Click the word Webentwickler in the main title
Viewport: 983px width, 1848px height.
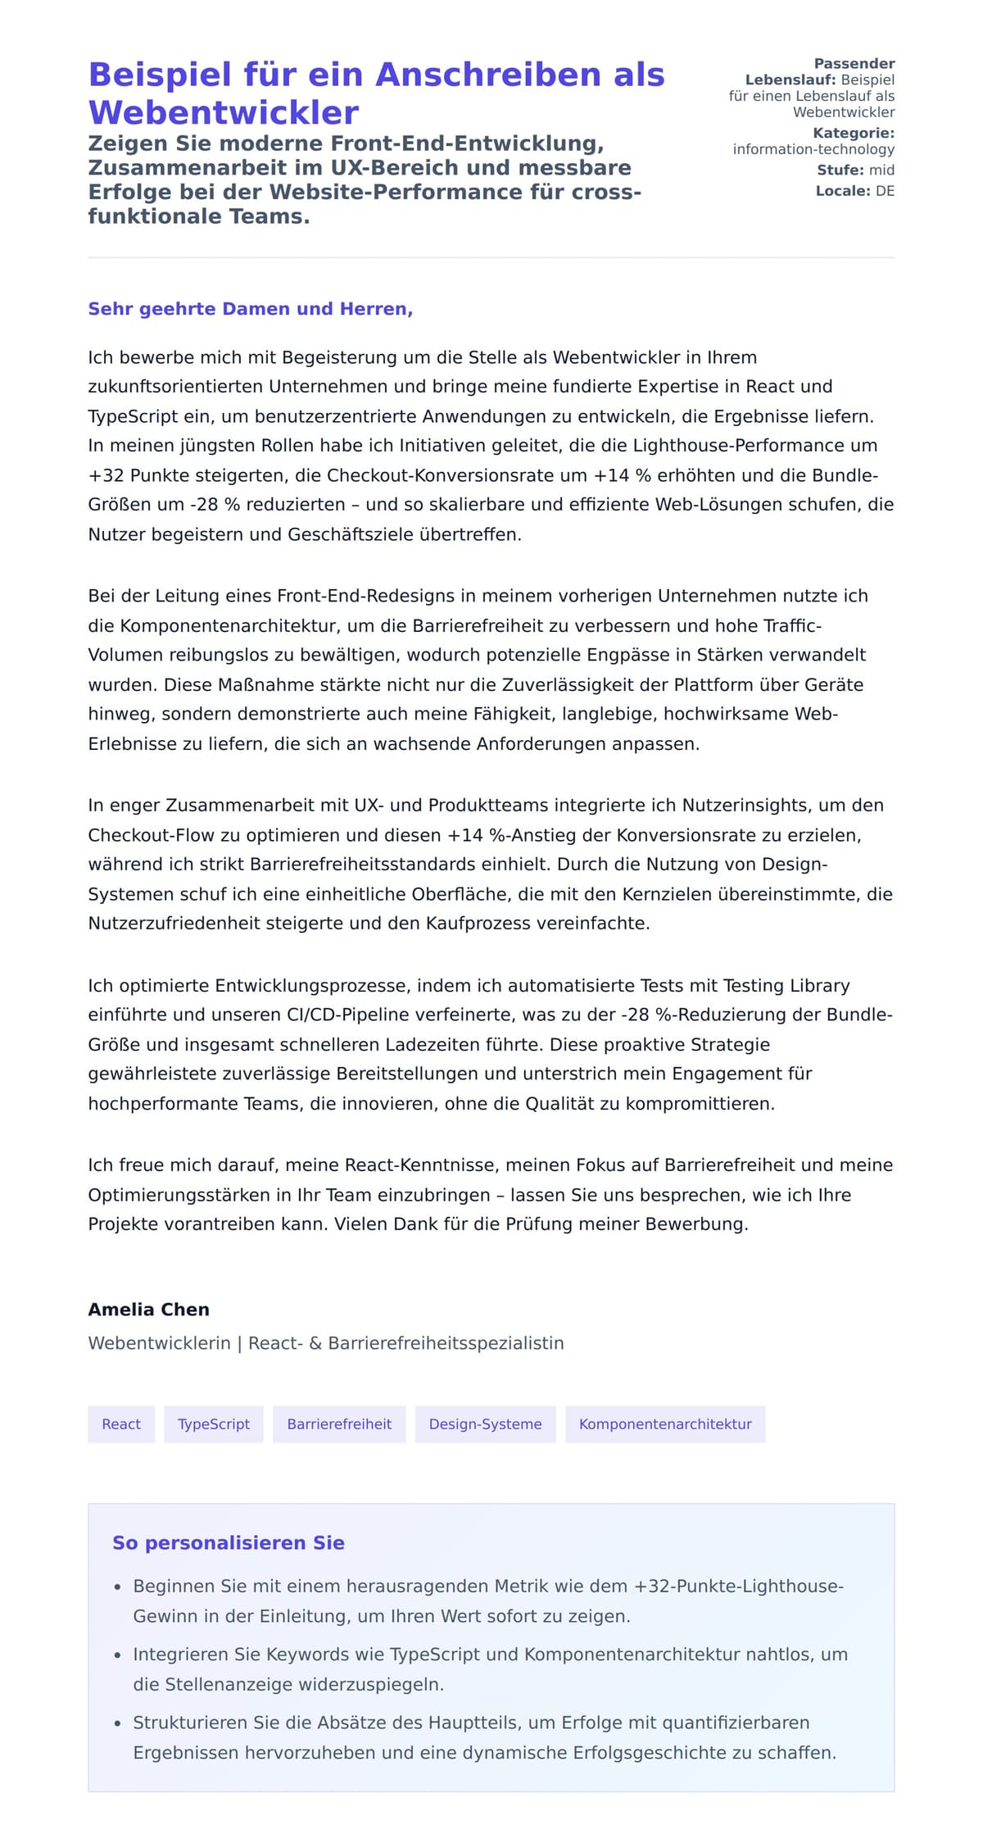[x=223, y=112]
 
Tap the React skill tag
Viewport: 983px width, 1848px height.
[x=121, y=1423]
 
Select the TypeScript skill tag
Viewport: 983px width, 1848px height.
[x=214, y=1423]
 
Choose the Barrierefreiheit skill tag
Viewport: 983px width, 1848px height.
[x=339, y=1423]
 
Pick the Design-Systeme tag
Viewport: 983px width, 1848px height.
[x=485, y=1423]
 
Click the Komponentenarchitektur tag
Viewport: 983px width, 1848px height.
[x=665, y=1423]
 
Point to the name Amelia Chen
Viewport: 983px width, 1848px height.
[x=149, y=1309]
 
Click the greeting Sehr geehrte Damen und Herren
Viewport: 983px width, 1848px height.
[x=250, y=309]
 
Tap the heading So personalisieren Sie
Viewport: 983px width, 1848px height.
[x=229, y=1542]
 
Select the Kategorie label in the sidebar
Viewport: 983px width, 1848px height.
[x=853, y=133]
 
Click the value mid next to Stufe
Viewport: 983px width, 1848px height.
[x=881, y=170]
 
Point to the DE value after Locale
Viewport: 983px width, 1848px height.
[x=885, y=191]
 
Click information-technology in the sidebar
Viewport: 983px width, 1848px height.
[x=813, y=149]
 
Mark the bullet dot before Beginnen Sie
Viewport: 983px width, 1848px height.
[x=118, y=1587]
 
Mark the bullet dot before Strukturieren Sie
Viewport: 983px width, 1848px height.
[x=118, y=1723]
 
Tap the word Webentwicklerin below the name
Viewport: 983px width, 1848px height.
[x=159, y=1343]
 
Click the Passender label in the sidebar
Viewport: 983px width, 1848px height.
[x=854, y=63]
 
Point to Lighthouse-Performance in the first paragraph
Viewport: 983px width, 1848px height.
[x=740, y=446]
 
